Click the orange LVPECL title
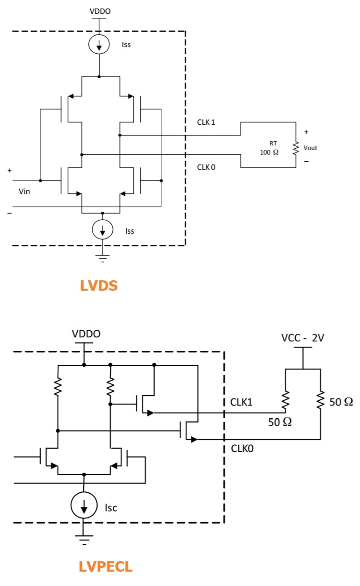pyautogui.click(x=106, y=567)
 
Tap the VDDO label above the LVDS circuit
pyautogui.click(x=99, y=11)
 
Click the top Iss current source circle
pyautogui.click(x=99, y=45)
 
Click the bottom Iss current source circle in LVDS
pyautogui.click(x=103, y=230)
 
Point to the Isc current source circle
pyautogui.click(x=84, y=506)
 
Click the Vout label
pyautogui.click(x=311, y=148)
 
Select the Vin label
pyautogui.click(x=24, y=191)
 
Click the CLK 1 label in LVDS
pyautogui.click(x=206, y=122)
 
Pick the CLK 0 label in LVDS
pyautogui.click(x=206, y=167)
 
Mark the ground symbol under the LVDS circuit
pyautogui.click(x=103, y=258)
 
